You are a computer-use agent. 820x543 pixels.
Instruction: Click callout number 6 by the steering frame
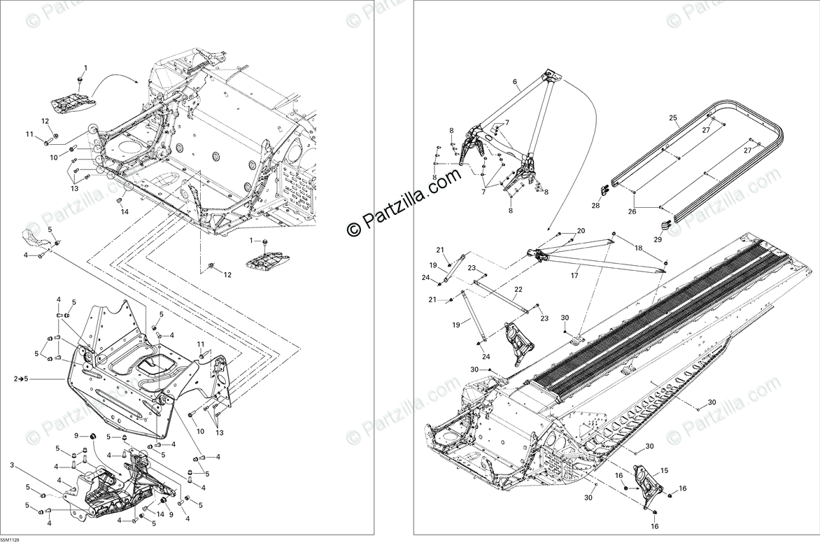point(515,82)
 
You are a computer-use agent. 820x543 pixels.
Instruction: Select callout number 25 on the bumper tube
point(673,118)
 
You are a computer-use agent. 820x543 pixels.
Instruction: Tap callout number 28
point(595,206)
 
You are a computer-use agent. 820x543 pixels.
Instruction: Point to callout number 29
point(657,239)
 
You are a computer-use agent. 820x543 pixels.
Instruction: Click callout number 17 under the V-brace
point(574,275)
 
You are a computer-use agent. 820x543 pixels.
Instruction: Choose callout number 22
point(518,289)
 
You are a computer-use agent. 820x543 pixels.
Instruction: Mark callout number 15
point(664,471)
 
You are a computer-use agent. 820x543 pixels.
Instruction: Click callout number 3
point(12,465)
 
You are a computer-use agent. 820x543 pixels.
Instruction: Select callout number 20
point(581,231)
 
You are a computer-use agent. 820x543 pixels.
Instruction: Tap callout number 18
point(637,248)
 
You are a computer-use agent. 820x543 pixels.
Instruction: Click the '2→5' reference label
point(20,379)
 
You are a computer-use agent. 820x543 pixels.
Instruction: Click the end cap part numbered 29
point(665,225)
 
